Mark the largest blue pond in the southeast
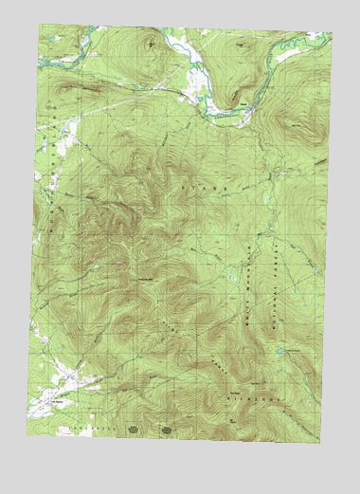(279, 352)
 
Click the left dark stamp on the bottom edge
(133, 429)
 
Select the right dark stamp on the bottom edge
(167, 429)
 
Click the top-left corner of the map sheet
(39, 26)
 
